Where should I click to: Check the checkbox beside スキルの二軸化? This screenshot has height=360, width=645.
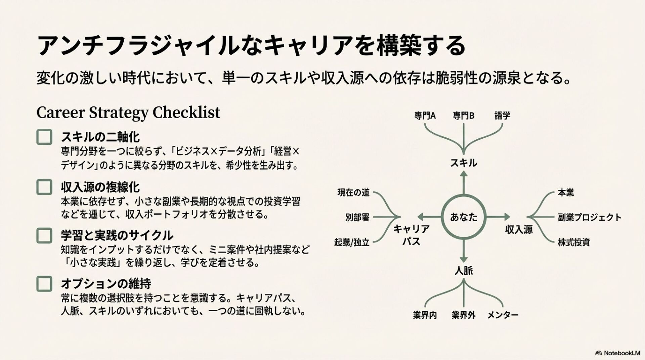pos(44,137)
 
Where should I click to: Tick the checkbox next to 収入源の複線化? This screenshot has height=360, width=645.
pos(44,187)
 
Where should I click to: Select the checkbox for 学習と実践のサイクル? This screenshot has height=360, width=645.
pos(44,235)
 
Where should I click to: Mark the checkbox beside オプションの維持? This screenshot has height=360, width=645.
pos(44,284)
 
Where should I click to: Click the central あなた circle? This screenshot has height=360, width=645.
pos(464,217)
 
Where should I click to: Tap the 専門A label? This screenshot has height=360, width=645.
pos(425,116)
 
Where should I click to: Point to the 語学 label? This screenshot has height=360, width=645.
pos(502,116)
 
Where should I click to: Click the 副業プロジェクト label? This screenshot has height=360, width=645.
pos(590,217)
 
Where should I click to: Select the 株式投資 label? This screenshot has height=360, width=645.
pos(574,242)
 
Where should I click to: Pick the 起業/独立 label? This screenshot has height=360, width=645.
pos(352,242)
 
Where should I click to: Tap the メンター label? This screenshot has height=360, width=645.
pos(503,315)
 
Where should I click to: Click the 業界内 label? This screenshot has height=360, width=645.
pos(425,315)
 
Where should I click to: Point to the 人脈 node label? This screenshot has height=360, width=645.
pos(464,271)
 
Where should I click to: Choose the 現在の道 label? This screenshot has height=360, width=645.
pos(353,192)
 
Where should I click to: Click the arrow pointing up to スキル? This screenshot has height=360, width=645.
pos(464,183)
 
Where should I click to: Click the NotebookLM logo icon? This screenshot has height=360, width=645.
pos(598,353)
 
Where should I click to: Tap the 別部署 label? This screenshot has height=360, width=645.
pos(357,217)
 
